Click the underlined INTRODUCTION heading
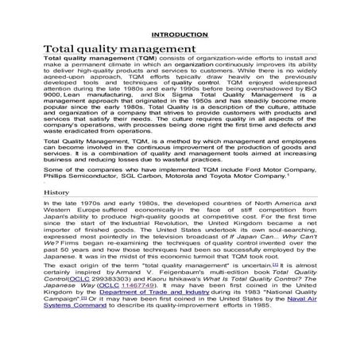point(180,37)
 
